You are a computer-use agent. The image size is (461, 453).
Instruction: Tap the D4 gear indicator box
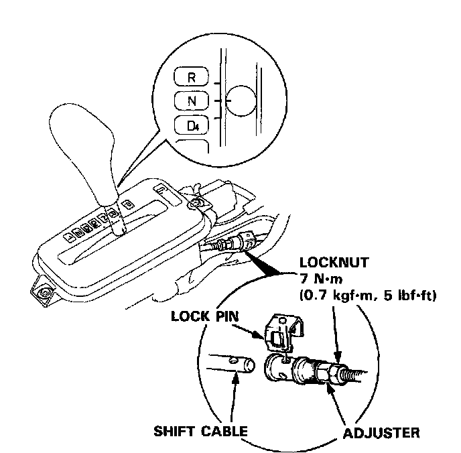coord(192,125)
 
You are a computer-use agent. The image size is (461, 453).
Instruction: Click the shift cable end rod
coord(231,365)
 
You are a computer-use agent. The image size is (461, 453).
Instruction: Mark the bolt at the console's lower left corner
coord(44,293)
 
